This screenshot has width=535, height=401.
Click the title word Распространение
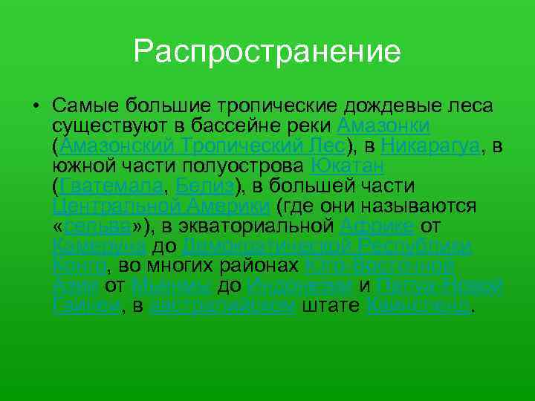click(267, 51)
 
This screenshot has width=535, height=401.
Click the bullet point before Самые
click(35, 105)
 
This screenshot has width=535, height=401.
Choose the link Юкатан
click(348, 165)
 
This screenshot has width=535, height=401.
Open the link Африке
click(377, 226)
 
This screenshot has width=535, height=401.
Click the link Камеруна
click(101, 246)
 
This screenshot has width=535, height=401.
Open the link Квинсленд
click(420, 306)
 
